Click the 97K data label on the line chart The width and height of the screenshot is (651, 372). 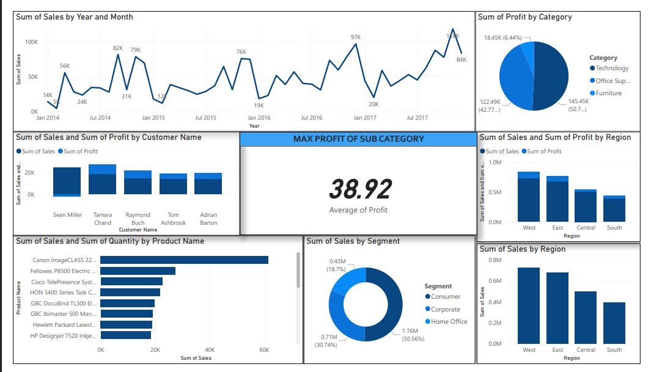click(355, 37)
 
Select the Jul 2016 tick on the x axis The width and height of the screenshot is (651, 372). click(311, 118)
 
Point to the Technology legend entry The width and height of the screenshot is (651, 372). click(612, 68)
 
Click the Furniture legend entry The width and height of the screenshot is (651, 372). click(608, 93)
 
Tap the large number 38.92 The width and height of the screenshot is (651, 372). click(360, 189)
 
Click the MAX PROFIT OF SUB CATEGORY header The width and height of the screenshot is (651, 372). click(358, 139)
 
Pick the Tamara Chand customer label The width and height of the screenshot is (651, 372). click(103, 219)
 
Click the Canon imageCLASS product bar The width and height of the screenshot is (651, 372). click(184, 260)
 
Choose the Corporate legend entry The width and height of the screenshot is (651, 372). click(445, 310)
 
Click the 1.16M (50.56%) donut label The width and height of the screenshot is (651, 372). click(410, 335)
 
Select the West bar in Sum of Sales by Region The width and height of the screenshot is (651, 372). click(529, 305)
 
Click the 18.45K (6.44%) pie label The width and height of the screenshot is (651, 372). click(503, 38)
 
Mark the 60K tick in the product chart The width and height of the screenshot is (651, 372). click(264, 351)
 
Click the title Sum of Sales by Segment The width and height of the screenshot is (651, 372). click(353, 241)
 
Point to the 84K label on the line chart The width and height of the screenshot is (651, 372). click(462, 60)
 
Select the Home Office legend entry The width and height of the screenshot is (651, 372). click(449, 322)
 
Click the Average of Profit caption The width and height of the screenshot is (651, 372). click(358, 210)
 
